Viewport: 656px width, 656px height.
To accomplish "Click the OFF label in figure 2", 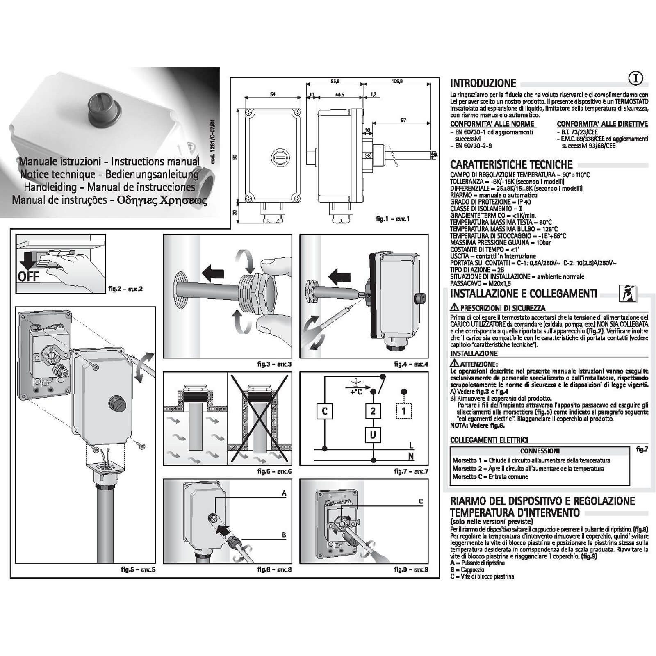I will point(28,276).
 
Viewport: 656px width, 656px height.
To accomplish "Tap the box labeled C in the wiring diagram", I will point(325,411).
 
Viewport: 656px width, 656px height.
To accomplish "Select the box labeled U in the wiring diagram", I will point(373,434).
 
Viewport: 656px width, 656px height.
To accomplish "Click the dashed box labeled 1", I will point(404,411).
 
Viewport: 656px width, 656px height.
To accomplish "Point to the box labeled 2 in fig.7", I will point(373,411).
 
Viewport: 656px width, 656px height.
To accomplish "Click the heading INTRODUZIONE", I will point(483,83).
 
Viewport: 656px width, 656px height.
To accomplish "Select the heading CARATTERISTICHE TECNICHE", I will point(511,165).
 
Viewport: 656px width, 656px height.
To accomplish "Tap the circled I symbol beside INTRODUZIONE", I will point(635,78).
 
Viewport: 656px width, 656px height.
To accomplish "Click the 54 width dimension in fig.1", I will point(273,94).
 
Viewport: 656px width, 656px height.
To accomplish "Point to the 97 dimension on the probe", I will point(403,120).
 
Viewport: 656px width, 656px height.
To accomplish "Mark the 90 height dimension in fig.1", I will point(235,157).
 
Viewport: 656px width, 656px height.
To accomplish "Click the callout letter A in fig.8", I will point(284,494).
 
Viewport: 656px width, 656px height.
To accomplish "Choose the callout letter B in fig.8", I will point(284,535).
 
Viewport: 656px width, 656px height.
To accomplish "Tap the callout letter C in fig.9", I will point(421,501).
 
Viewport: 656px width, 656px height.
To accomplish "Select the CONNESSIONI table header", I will point(540,451).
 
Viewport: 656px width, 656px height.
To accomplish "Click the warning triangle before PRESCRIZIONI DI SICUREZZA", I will point(454,307).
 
